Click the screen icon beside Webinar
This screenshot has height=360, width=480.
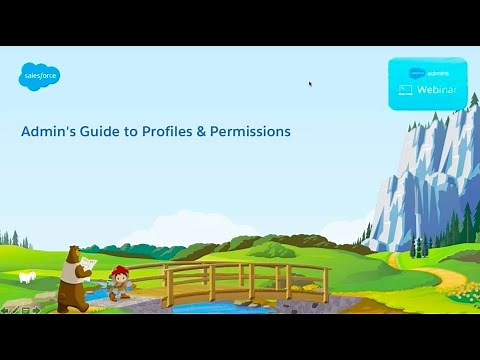406,90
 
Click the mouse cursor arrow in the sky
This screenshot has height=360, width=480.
310,84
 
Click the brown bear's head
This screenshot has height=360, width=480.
72,254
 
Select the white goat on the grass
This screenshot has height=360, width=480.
28,276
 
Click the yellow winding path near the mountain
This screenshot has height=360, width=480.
440,271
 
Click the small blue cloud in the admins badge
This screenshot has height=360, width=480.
416,72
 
